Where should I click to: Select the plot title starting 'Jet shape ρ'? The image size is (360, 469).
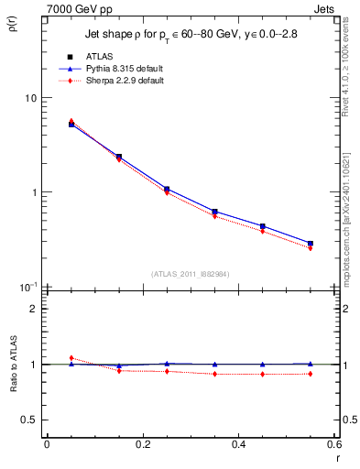click(192, 35)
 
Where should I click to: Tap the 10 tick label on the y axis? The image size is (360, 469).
click(31, 98)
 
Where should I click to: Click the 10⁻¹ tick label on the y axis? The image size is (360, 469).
click(29, 286)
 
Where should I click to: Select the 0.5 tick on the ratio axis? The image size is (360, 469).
click(30, 420)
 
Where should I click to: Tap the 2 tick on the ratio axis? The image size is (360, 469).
click(34, 309)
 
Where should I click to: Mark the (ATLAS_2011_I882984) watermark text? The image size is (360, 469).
click(191, 274)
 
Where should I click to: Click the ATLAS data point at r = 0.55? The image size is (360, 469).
click(311, 244)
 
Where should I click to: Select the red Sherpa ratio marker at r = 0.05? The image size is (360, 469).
click(71, 358)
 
